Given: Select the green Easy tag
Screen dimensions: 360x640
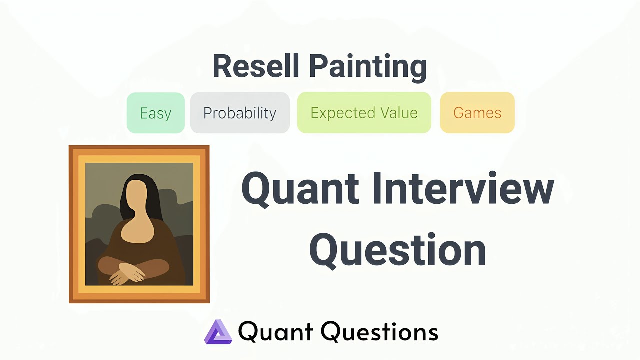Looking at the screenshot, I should pos(155,113).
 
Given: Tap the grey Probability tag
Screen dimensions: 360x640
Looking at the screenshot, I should pos(240,113).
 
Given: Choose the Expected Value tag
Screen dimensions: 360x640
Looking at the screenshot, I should pos(364,113).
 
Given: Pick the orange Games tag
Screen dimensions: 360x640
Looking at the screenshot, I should pos(477,113).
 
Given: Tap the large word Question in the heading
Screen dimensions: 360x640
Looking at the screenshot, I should pos(397,250).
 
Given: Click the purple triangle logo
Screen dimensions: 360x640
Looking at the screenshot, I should pos(218,332).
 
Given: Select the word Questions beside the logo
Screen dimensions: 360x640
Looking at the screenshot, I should pos(379,332).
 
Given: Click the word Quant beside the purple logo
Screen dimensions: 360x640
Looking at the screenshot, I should pos(275,332).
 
